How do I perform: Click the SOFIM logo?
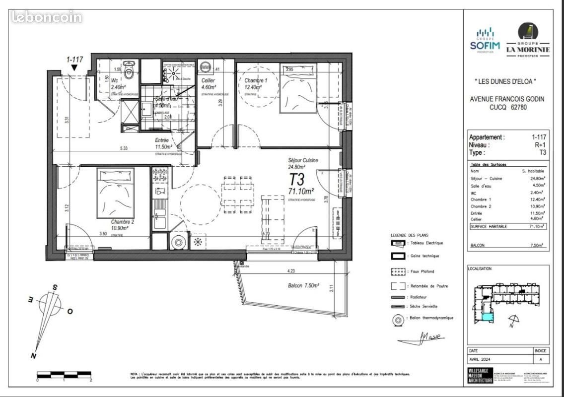click(x=485, y=39)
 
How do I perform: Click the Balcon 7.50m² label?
click(x=303, y=286)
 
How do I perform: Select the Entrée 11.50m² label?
click(x=163, y=143)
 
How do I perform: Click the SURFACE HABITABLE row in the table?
click(x=508, y=226)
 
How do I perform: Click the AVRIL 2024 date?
click(x=480, y=360)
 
